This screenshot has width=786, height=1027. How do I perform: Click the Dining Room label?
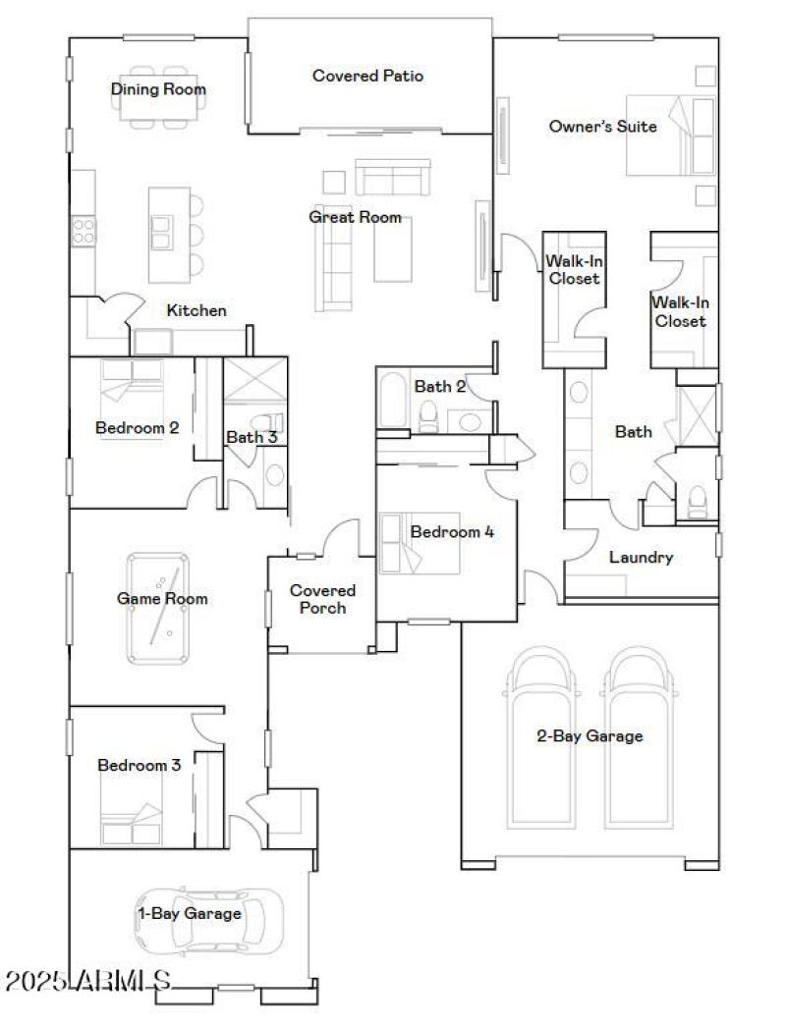(x=158, y=89)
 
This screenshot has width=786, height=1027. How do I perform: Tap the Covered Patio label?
(x=367, y=75)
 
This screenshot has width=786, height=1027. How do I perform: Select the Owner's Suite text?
(x=602, y=126)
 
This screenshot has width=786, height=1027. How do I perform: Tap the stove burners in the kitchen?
(x=84, y=232)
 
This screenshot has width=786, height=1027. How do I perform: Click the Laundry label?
(x=641, y=558)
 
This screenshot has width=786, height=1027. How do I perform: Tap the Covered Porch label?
(x=322, y=599)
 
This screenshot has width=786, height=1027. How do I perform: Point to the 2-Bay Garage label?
(x=589, y=735)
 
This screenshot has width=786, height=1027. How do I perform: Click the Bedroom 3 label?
(x=139, y=765)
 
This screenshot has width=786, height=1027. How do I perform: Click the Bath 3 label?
(x=252, y=437)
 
